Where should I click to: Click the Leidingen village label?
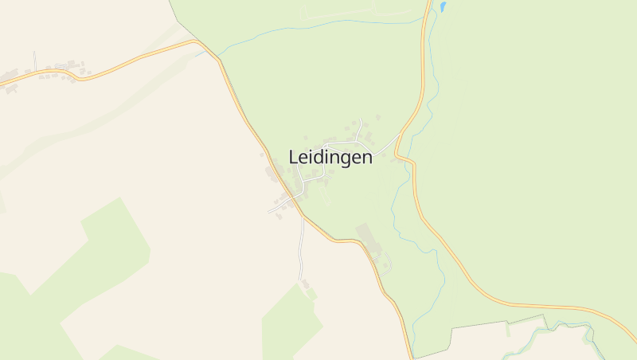[330, 157]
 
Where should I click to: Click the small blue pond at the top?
[442, 8]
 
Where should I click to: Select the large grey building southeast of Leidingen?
[367, 234]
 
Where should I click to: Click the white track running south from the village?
[302, 247]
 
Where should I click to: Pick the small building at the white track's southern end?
[305, 284]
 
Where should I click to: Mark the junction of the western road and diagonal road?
[199, 42]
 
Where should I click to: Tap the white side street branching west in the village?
[274, 209]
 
